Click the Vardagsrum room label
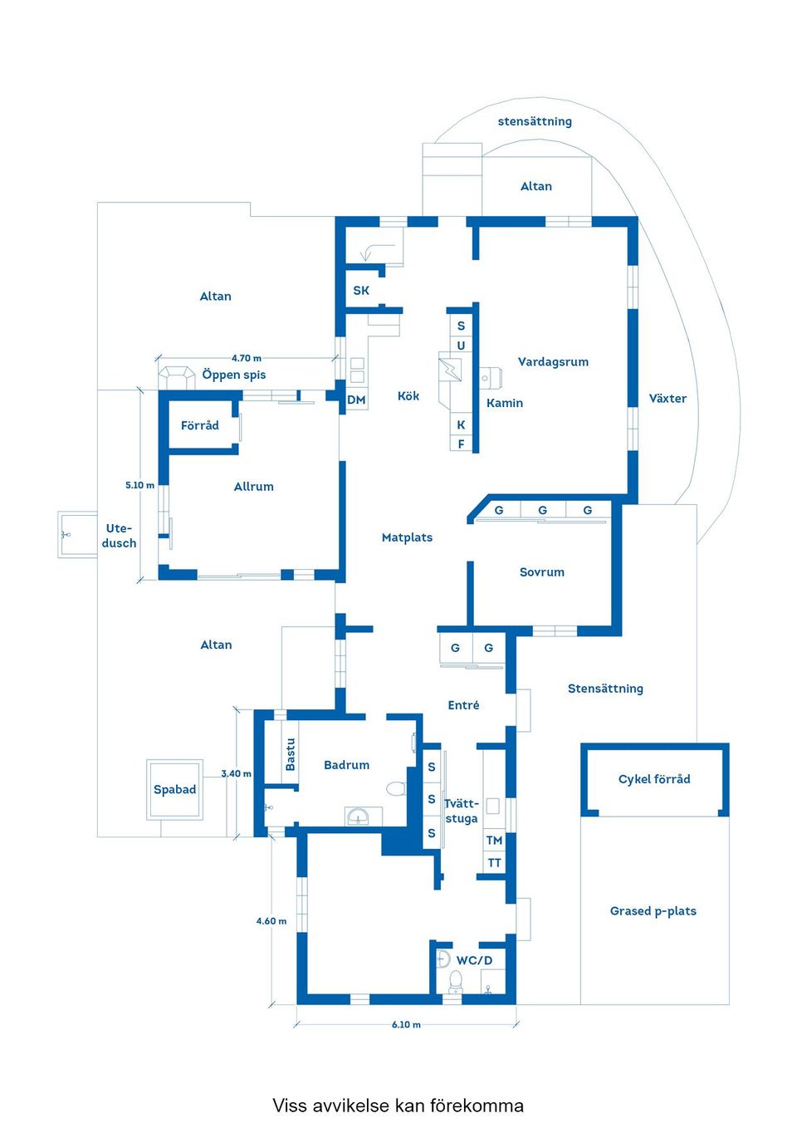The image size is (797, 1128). (x=553, y=362)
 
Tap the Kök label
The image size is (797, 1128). (x=408, y=396)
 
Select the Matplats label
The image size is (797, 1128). (x=407, y=537)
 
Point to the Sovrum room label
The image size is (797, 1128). (x=542, y=572)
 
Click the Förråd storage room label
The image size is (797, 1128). (x=200, y=425)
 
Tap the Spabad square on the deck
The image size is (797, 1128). (x=174, y=789)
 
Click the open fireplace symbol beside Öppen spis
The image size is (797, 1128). (x=177, y=378)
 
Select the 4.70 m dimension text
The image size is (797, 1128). (x=246, y=358)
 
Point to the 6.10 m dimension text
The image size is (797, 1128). (x=406, y=1024)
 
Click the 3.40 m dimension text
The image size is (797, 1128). (x=236, y=773)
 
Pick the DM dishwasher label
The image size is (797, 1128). (x=356, y=400)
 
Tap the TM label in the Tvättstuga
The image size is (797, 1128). (x=494, y=841)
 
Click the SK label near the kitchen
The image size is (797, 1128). (x=361, y=291)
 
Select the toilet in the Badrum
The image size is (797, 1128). (x=396, y=788)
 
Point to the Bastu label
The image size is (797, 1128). (x=291, y=754)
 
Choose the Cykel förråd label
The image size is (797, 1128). (x=654, y=779)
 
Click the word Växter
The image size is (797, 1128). (x=667, y=399)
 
